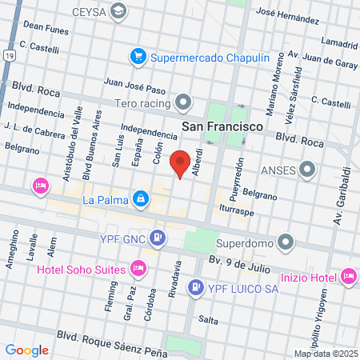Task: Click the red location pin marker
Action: point(182,162)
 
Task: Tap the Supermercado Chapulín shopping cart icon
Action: point(138,56)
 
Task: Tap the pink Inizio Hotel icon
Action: point(348,277)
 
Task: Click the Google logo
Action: point(26,350)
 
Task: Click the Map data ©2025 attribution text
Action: point(326,354)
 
